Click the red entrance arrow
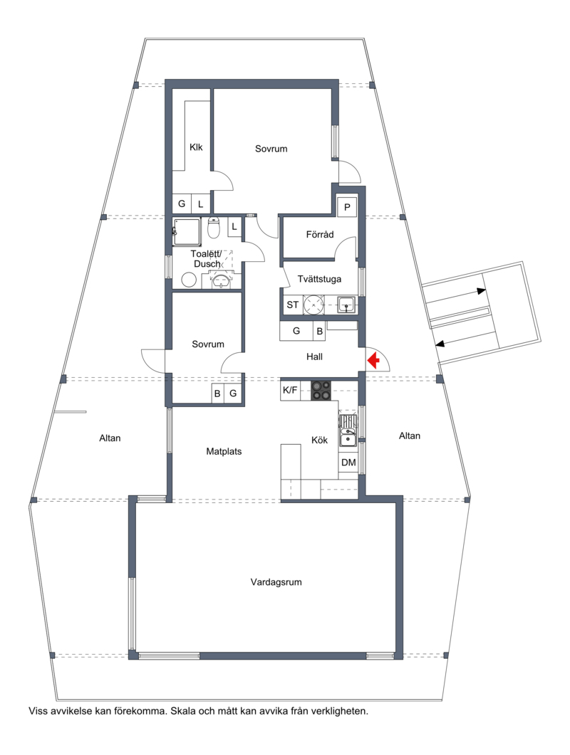[373, 360]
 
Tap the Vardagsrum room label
[276, 581]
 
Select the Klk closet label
[196, 147]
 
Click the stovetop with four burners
[321, 391]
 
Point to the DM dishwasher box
[348, 463]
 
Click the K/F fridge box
[290, 391]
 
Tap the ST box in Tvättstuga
[292, 305]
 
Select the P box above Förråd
[347, 208]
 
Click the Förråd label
[320, 235]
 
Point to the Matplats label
[224, 452]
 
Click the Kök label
[319, 440]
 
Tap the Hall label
[314, 357]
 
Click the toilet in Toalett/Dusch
[214, 227]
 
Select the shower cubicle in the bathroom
[186, 233]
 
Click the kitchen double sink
[348, 431]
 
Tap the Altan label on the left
[110, 438]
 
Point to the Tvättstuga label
[319, 279]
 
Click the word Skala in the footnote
[182, 711]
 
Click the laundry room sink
[346, 305]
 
